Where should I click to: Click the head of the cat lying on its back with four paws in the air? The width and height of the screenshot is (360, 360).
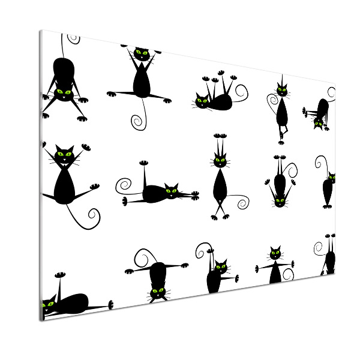202,101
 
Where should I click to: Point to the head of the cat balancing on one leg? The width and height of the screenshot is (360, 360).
281,92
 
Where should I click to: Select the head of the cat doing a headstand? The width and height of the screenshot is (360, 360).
280,200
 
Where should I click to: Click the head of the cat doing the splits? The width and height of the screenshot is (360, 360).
142,53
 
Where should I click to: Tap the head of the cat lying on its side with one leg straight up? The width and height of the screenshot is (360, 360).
172,191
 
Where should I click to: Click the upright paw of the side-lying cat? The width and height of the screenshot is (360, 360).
143,163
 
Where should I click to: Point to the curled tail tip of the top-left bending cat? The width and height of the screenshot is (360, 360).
74,38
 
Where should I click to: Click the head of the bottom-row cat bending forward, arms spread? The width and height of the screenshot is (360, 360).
157,292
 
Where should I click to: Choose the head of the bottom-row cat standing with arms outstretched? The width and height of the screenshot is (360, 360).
275,253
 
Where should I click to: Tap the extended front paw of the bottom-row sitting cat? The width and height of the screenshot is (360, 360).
235,278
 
